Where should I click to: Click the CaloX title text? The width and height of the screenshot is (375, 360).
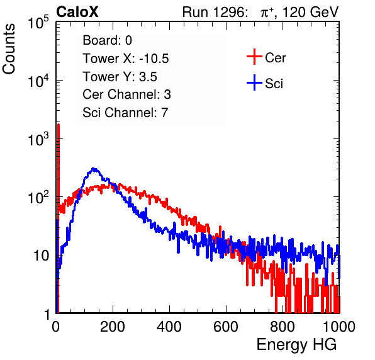pyautogui.click(x=77, y=12)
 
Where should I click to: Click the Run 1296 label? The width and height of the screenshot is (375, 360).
pyautogui.click(x=215, y=12)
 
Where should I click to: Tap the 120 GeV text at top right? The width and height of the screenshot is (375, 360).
pyautogui.click(x=310, y=12)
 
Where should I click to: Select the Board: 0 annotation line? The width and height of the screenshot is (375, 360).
pyautogui.click(x=107, y=40)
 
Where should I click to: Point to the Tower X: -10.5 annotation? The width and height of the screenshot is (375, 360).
pyautogui.click(x=126, y=59)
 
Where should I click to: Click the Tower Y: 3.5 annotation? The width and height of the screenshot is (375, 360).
pyautogui.click(x=120, y=77)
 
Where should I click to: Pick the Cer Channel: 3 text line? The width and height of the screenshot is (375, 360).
pyautogui.click(x=126, y=94)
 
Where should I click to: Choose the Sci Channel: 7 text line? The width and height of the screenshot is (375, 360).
pyautogui.click(x=125, y=113)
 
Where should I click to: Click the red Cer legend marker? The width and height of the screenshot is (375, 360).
pyautogui.click(x=254, y=57)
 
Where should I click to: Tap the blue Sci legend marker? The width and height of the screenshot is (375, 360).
pyautogui.click(x=254, y=82)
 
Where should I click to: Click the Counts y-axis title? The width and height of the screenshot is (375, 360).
pyautogui.click(x=9, y=49)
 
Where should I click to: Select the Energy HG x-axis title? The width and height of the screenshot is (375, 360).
pyautogui.click(x=296, y=345)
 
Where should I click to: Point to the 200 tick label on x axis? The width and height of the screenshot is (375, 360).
pyautogui.click(x=113, y=327)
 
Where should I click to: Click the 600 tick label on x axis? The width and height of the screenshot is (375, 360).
pyautogui.click(x=226, y=327)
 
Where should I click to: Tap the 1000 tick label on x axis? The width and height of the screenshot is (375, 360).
pyautogui.click(x=339, y=327)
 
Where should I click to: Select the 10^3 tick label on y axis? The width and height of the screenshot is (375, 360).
pyautogui.click(x=38, y=139)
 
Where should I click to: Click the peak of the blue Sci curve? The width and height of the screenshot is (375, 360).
pyautogui.click(x=94, y=169)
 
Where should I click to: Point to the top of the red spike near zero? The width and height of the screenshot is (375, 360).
pyautogui.click(x=59, y=124)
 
